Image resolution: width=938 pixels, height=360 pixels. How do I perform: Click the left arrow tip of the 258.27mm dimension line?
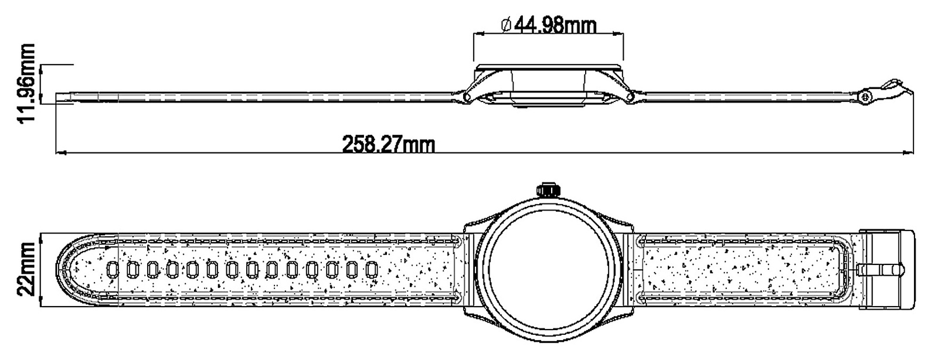56,154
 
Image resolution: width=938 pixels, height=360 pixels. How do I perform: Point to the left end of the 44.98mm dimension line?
473,33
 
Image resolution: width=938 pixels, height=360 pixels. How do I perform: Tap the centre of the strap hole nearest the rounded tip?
113,269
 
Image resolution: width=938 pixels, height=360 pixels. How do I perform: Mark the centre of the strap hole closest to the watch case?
372,269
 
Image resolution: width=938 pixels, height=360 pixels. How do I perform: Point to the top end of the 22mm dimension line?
40,235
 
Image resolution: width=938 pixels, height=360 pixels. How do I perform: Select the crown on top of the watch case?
548,189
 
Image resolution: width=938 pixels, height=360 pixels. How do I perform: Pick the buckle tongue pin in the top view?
880,270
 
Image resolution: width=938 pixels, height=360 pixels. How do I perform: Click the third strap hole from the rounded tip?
152,269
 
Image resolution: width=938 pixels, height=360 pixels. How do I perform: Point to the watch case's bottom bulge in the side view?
548,103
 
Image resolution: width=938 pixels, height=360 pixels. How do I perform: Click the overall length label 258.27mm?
389,145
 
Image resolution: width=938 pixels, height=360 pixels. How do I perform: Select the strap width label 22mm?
26,269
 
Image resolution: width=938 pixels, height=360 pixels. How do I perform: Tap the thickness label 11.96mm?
26,83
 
